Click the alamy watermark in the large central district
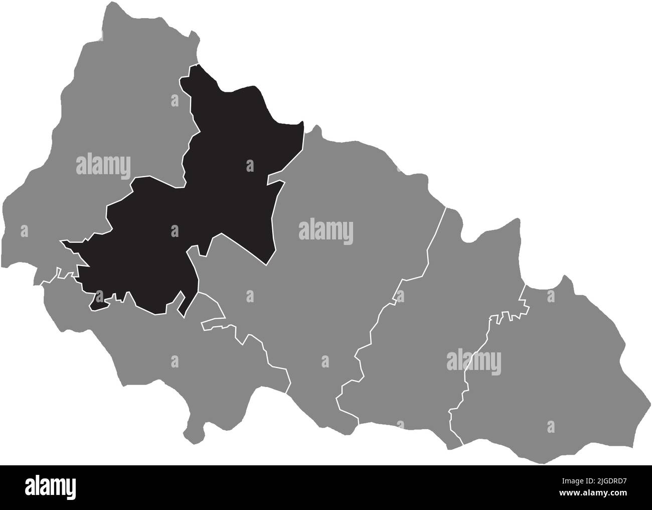click(326, 232)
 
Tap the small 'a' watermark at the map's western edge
click(23, 231)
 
